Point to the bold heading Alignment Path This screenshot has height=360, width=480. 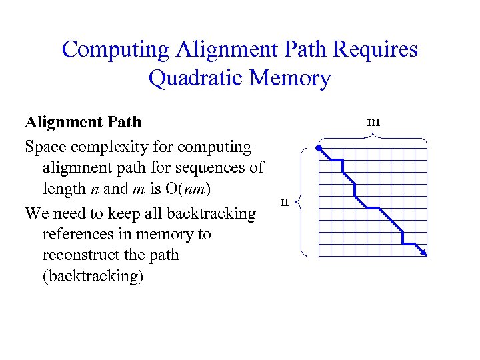(x=83, y=122)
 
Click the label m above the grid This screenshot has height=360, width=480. (x=374, y=121)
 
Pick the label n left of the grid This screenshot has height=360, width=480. (x=285, y=201)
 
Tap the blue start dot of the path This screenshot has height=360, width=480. (x=319, y=147)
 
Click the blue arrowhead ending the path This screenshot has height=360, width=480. (x=423, y=252)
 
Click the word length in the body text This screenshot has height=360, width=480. (x=62, y=189)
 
